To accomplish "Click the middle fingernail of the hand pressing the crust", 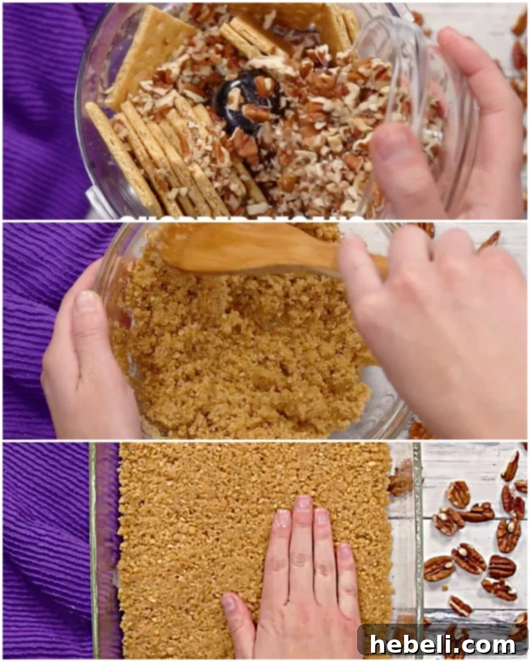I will point(303,503).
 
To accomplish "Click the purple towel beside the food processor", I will point(40,113).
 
